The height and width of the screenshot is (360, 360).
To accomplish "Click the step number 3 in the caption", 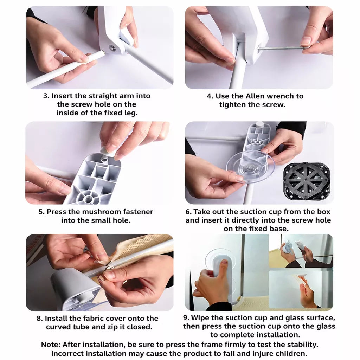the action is coord(46,96).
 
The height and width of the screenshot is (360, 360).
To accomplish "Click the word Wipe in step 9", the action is coord(200,318).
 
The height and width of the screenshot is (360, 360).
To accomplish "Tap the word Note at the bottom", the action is coord(51,345).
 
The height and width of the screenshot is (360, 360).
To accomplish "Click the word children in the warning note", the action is coord(291,353).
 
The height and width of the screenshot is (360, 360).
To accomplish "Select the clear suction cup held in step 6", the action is coord(250,167).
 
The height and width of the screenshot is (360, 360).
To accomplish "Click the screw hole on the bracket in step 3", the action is coord(112,48).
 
